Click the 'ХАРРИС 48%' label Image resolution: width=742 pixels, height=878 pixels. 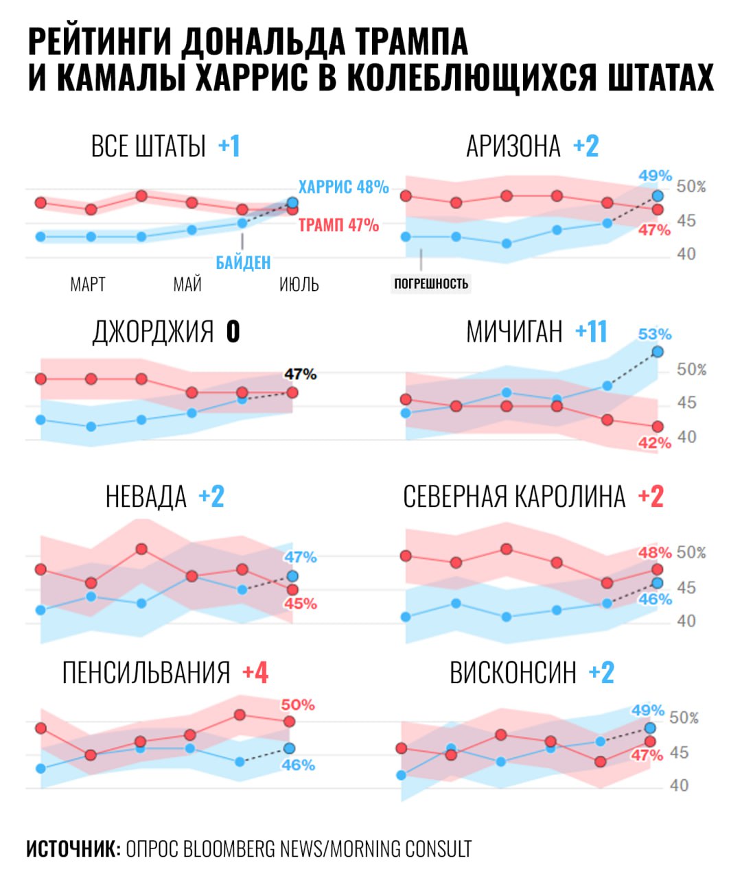click(343, 187)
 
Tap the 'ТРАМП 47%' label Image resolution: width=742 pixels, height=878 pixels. click(338, 225)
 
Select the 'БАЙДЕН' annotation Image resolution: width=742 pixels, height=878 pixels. click(243, 262)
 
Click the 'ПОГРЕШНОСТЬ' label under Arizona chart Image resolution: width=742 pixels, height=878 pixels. click(431, 283)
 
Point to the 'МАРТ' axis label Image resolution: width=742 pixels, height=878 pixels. click(88, 284)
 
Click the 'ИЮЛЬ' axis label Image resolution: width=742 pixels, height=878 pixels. click(299, 284)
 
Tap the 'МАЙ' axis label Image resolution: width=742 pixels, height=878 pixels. click(187, 284)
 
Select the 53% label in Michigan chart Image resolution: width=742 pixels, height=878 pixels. click(655, 335)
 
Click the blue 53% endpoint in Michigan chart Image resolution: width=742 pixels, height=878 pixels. click(658, 352)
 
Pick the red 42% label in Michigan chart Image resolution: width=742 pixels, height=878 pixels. click(654, 443)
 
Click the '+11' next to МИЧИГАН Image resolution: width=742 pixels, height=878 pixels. click(591, 332)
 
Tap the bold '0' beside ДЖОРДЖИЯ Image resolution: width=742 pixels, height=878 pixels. click(233, 332)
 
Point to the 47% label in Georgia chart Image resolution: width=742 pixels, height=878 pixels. click(301, 375)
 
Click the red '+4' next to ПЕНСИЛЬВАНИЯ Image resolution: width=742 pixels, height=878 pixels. click(255, 673)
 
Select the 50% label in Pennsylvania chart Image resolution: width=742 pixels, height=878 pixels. click(298, 705)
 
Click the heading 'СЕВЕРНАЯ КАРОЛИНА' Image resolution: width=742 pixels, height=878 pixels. click(514, 497)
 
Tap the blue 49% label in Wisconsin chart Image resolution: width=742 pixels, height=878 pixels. click(648, 711)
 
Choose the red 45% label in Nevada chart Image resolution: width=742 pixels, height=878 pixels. click(301, 604)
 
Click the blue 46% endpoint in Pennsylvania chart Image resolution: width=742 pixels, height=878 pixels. click(290, 748)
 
